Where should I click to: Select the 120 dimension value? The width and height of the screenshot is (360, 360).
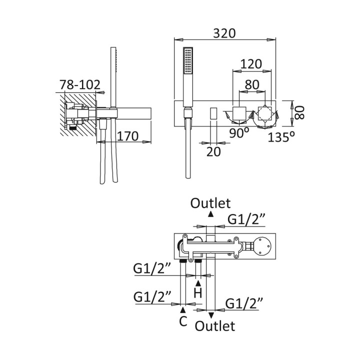(250, 64)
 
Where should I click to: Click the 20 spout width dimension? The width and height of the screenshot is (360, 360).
(213, 151)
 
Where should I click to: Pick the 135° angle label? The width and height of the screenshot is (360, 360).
(280, 136)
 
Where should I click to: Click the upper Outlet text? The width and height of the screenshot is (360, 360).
(211, 202)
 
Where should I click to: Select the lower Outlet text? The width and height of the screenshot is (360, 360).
(215, 326)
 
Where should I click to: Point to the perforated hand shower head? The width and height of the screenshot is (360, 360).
(188, 61)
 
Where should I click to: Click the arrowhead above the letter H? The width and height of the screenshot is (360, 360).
(198, 283)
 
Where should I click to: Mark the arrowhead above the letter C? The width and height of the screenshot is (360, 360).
(183, 311)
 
